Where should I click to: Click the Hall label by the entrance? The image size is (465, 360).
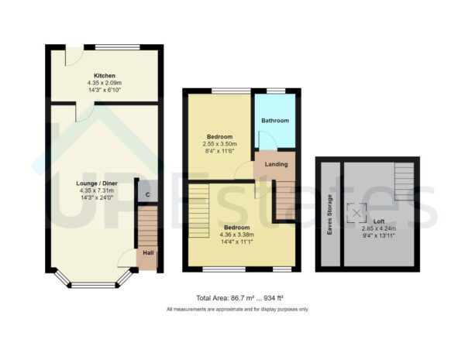pyautogui.click(x=146, y=253)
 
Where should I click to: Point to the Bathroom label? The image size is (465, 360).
pyautogui.click(x=274, y=121)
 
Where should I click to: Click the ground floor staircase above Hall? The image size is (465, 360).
pyautogui.click(x=146, y=225)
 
